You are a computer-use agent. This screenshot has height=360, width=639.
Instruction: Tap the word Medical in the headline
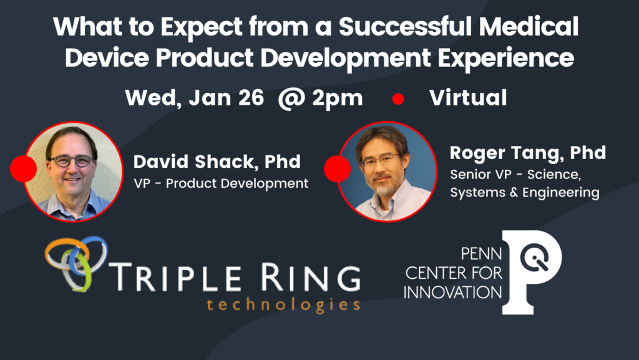528,26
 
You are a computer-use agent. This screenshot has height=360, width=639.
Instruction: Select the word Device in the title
107,57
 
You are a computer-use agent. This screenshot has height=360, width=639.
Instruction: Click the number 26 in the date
251,98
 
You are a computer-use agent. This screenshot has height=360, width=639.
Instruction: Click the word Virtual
468,98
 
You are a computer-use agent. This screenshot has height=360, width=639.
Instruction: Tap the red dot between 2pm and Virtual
398,99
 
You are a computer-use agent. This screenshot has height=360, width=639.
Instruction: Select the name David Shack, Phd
217,162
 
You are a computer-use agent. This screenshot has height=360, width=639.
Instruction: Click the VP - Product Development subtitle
221,183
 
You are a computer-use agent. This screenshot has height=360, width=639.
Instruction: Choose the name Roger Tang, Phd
528,153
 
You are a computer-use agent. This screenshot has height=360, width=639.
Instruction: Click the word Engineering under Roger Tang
561,193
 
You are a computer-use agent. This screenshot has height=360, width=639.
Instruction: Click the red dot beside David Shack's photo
23,168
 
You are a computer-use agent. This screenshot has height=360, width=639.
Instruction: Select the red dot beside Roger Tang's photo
337,168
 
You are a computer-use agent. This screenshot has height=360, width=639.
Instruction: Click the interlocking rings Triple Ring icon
76,263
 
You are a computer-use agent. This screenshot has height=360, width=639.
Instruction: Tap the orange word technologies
283,304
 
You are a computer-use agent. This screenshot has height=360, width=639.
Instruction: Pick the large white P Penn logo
532,272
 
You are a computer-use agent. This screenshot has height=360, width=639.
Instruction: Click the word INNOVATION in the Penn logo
452,293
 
